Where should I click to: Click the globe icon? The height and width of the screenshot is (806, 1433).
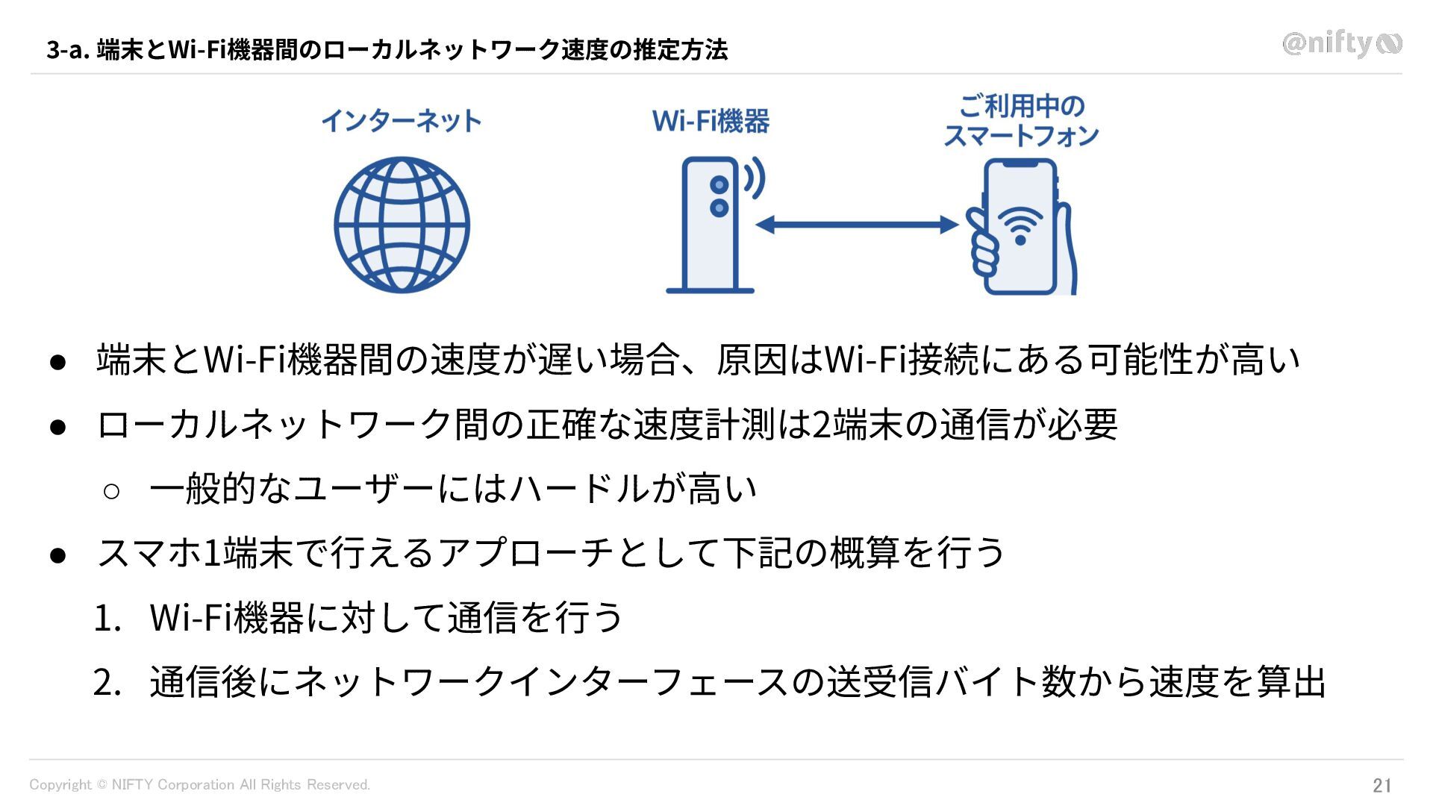pos(402,225)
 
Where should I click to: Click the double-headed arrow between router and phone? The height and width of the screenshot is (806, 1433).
pos(857,225)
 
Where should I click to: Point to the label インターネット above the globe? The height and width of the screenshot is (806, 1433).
pos(402,121)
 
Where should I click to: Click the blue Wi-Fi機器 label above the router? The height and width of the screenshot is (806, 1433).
pos(711,121)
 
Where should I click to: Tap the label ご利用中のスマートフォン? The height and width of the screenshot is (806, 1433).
pos(1021,121)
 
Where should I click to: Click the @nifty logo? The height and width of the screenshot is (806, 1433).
pos(1341,44)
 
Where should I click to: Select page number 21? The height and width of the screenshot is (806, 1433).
pos(1382,785)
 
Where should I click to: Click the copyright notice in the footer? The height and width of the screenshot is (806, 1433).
pos(199,785)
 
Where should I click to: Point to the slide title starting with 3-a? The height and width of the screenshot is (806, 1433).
pos(387,50)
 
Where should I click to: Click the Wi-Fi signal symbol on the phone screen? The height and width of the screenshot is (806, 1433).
pos(1020,225)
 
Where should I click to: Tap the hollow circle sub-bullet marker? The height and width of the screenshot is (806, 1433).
pos(111,491)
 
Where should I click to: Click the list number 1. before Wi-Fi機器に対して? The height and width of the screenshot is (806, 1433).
pos(107,619)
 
